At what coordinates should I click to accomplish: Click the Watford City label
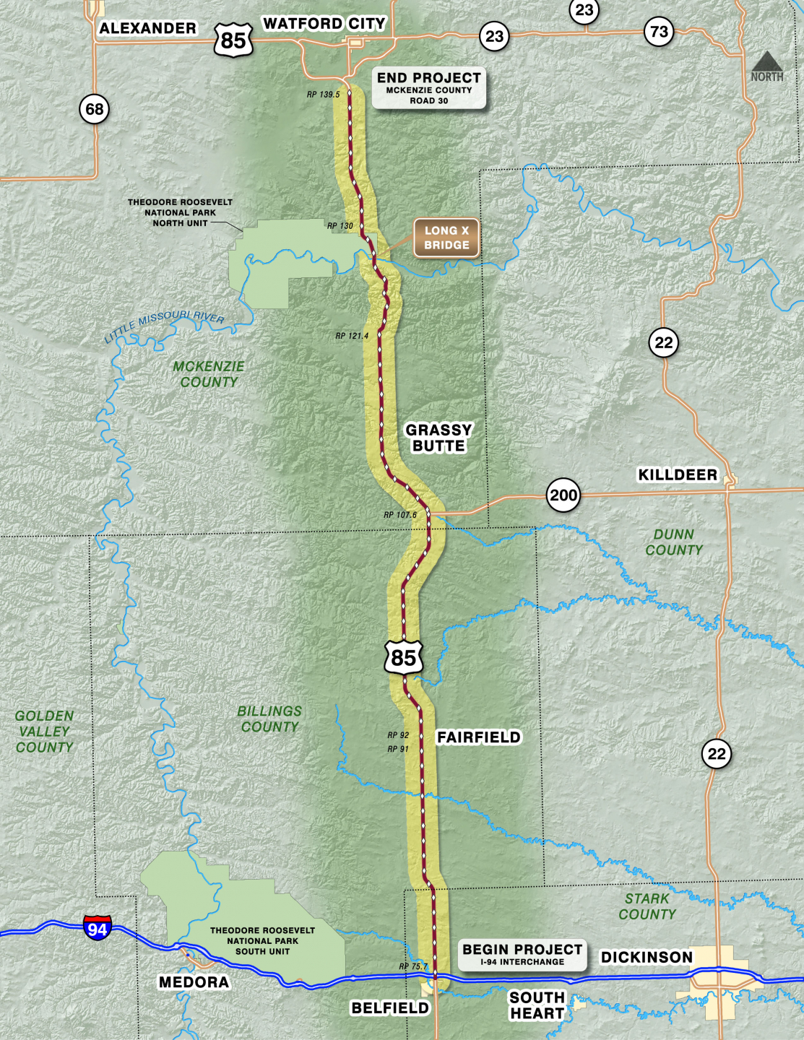coord(324,24)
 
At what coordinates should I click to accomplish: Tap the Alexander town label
coord(147,28)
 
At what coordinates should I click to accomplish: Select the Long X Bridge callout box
coord(446,238)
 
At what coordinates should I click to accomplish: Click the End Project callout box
coord(429,88)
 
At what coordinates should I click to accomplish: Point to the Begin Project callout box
coord(522,955)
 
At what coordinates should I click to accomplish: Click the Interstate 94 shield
coord(97,928)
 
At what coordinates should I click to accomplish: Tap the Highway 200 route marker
coord(563,495)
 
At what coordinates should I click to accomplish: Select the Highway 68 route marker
coord(95,109)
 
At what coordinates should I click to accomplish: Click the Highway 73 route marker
coord(659,31)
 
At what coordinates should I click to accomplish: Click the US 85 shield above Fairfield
coord(403,657)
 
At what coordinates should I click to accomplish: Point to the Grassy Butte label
coord(438,438)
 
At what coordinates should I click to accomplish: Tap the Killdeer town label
coord(678,474)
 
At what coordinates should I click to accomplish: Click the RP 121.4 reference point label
coord(352,336)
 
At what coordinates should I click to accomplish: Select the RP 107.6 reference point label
coord(400,515)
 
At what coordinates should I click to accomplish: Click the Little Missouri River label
coord(165,326)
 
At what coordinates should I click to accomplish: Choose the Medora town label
coord(194,982)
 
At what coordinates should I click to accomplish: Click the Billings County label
coord(269,719)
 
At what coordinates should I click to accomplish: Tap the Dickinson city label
coord(647,957)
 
